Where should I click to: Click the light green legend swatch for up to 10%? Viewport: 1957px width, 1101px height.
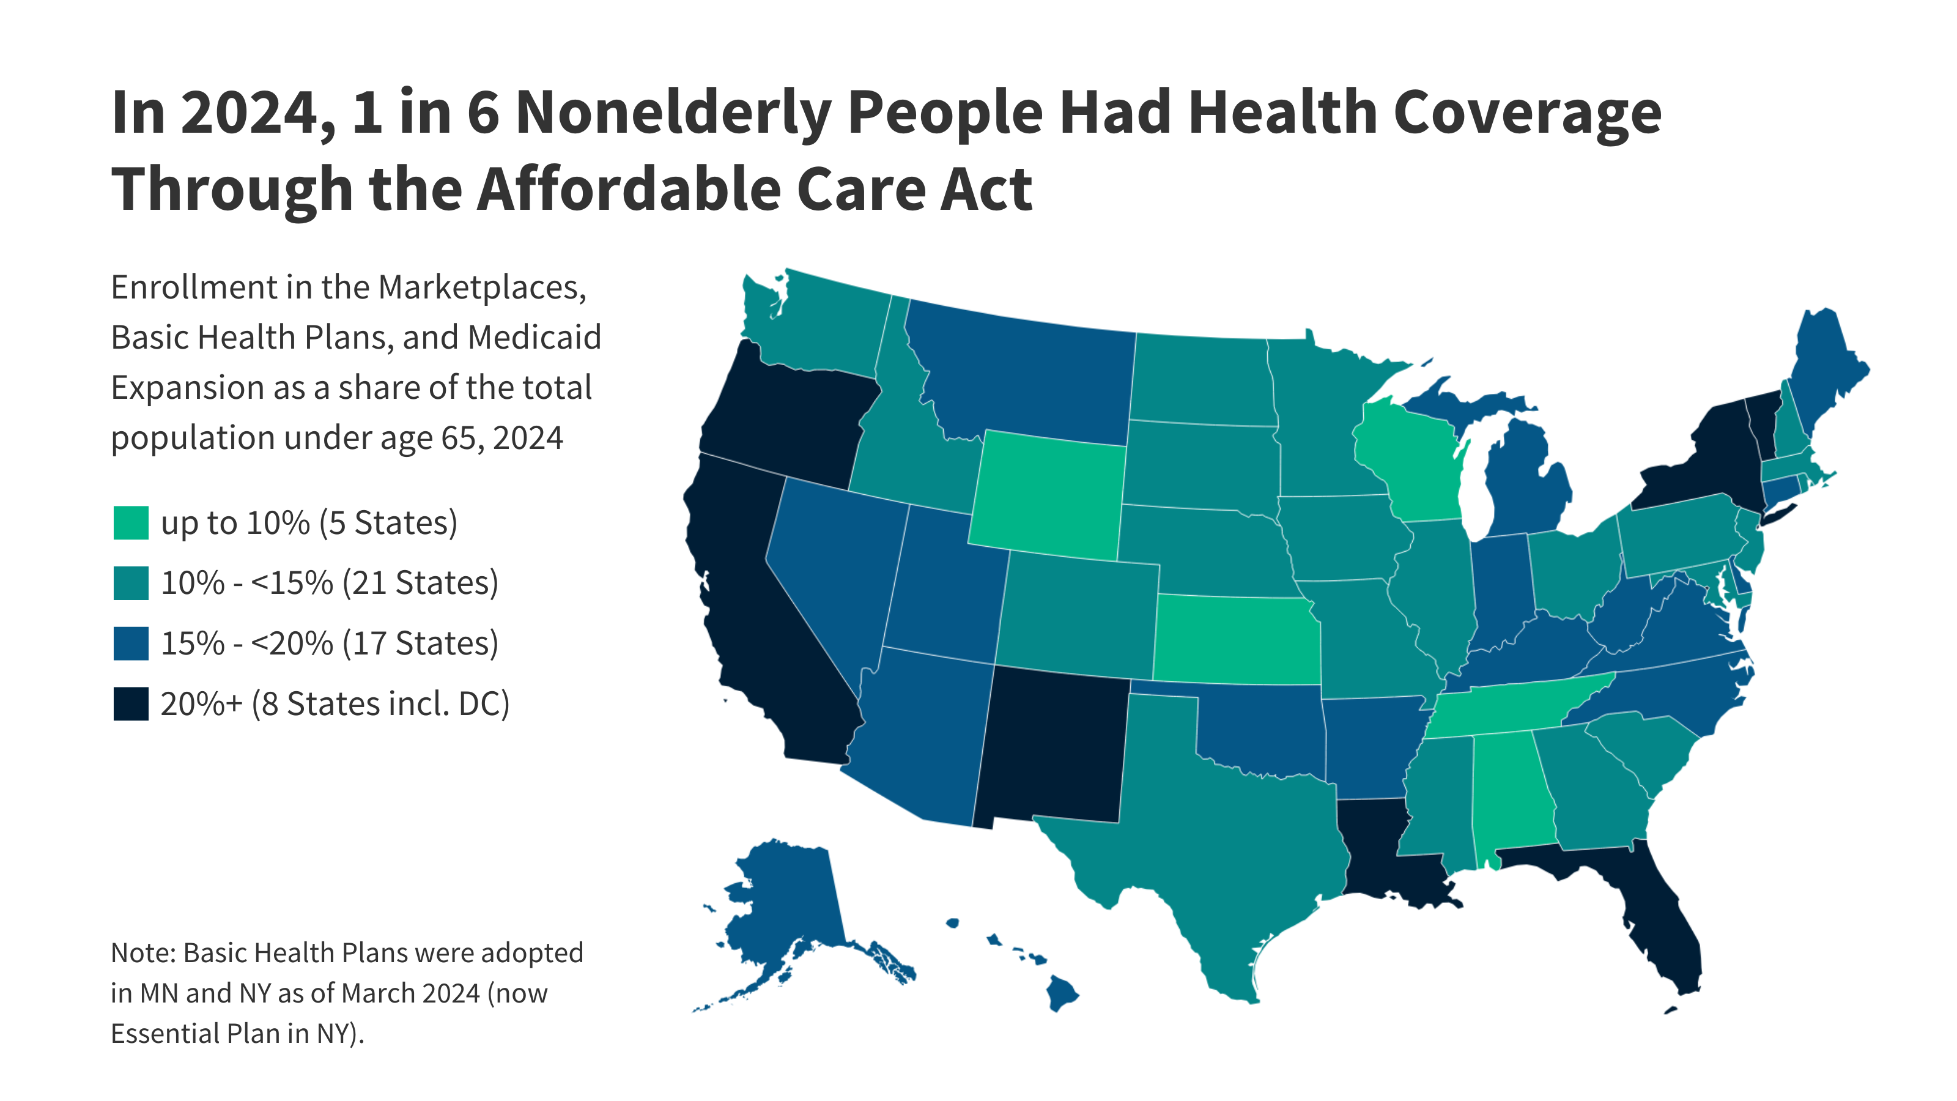[131, 524]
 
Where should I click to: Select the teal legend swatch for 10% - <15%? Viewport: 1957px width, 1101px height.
[131, 584]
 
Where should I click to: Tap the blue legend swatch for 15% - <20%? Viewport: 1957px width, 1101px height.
[131, 643]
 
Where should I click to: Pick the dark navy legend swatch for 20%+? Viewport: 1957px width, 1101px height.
[131, 703]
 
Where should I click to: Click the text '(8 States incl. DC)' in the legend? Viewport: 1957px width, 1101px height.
[380, 703]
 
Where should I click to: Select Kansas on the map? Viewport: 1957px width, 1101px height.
[1235, 638]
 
